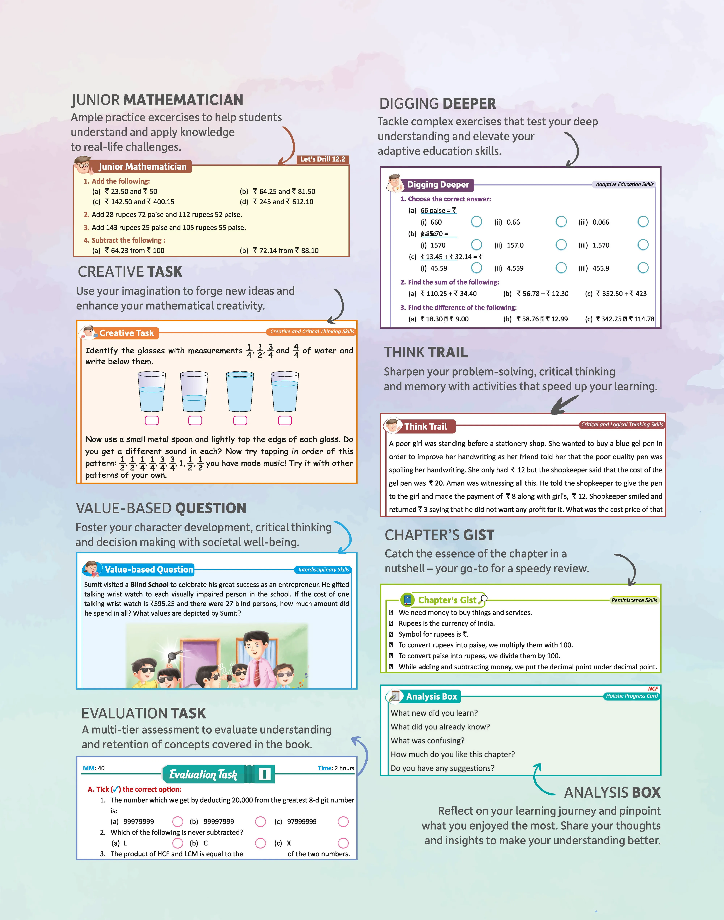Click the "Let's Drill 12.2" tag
[x=323, y=159]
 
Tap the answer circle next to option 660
[x=476, y=222]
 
